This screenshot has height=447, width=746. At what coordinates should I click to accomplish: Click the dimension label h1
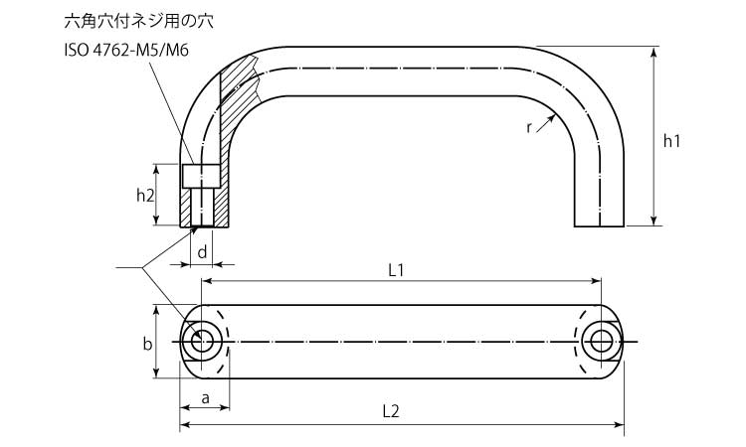(671, 141)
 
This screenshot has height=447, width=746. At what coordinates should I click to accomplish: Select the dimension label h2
(145, 195)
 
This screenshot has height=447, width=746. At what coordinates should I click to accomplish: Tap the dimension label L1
(396, 270)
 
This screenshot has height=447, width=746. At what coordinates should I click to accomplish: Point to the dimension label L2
(391, 411)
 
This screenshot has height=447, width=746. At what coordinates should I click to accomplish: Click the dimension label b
(147, 343)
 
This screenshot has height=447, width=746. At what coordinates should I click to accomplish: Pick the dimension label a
(205, 398)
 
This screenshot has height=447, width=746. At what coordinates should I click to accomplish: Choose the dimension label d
(202, 252)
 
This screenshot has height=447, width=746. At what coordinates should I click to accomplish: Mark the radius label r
(529, 127)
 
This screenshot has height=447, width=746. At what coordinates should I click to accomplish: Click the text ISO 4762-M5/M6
(126, 50)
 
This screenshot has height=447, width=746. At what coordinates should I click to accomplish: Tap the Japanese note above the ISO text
(139, 21)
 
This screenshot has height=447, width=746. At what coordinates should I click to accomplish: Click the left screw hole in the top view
(202, 342)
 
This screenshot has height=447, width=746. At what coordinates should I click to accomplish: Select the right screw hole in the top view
(602, 342)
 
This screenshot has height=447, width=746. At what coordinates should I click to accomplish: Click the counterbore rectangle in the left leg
(201, 175)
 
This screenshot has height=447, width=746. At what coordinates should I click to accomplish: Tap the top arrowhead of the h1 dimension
(654, 52)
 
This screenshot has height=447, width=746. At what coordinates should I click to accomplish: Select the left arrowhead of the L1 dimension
(208, 281)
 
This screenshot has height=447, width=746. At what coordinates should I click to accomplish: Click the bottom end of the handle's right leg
(599, 225)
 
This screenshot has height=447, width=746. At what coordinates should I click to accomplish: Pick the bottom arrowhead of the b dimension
(156, 373)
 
